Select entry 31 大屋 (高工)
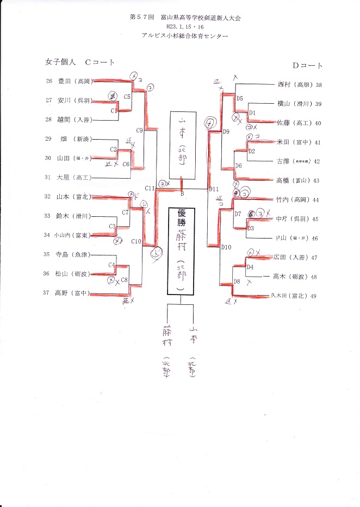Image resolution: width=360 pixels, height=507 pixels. pos(69,177)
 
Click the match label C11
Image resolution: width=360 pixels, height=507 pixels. pos(150,188)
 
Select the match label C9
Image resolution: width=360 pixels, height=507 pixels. pos(139,130)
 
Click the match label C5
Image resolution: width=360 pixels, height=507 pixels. pos(127,97)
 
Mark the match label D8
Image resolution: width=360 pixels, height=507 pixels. pos(237,281)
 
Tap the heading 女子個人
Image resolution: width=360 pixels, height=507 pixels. pos(60,62)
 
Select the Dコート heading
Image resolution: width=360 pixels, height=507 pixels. pos(308,66)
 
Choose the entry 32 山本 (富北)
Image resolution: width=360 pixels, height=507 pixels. pos(69,197)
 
